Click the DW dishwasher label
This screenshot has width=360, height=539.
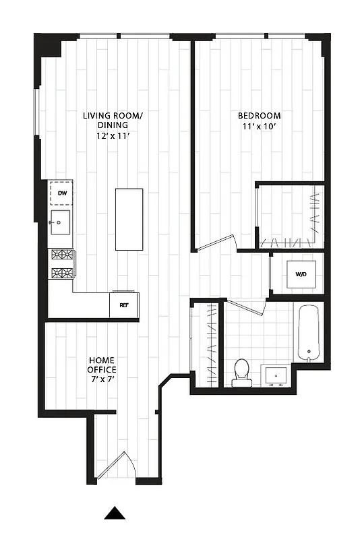[62, 194]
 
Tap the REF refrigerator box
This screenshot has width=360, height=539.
[124, 305]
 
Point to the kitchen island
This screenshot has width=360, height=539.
[129, 219]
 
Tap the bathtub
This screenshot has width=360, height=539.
[309, 333]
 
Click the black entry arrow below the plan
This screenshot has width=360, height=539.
[115, 513]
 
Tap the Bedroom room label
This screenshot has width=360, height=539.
[260, 115]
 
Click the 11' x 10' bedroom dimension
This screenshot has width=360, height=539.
[260, 126]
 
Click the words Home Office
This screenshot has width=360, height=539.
[102, 365]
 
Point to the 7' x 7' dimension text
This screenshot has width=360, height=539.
[102, 379]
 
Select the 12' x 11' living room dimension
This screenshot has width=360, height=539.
[113, 135]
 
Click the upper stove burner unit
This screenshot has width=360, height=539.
[62, 255]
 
